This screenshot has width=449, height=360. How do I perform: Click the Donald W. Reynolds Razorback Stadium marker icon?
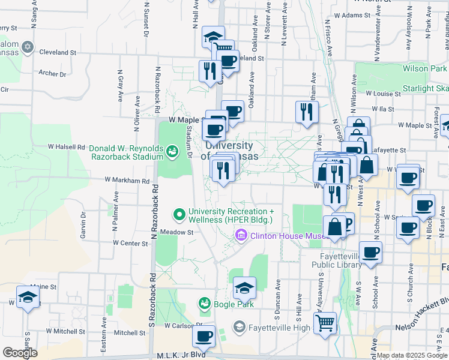point(172,151)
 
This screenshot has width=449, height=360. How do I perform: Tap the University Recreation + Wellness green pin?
point(179,214)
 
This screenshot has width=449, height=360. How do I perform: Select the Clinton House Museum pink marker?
point(242,235)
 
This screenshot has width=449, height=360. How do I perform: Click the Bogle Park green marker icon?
point(205,304)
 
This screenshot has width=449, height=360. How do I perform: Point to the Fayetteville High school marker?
point(239,327)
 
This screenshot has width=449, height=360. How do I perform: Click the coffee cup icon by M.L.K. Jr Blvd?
point(203,336)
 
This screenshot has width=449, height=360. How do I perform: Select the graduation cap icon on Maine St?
point(28,297)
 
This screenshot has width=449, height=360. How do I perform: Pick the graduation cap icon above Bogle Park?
point(244,288)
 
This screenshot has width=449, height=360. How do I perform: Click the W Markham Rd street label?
point(127,180)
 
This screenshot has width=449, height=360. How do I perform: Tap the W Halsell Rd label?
point(67,146)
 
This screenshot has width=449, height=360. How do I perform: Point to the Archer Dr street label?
point(52,74)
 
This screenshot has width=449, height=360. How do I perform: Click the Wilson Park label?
point(424,69)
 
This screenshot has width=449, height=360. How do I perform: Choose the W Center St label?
point(130,243)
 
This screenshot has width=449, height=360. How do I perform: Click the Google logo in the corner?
point(20,353)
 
